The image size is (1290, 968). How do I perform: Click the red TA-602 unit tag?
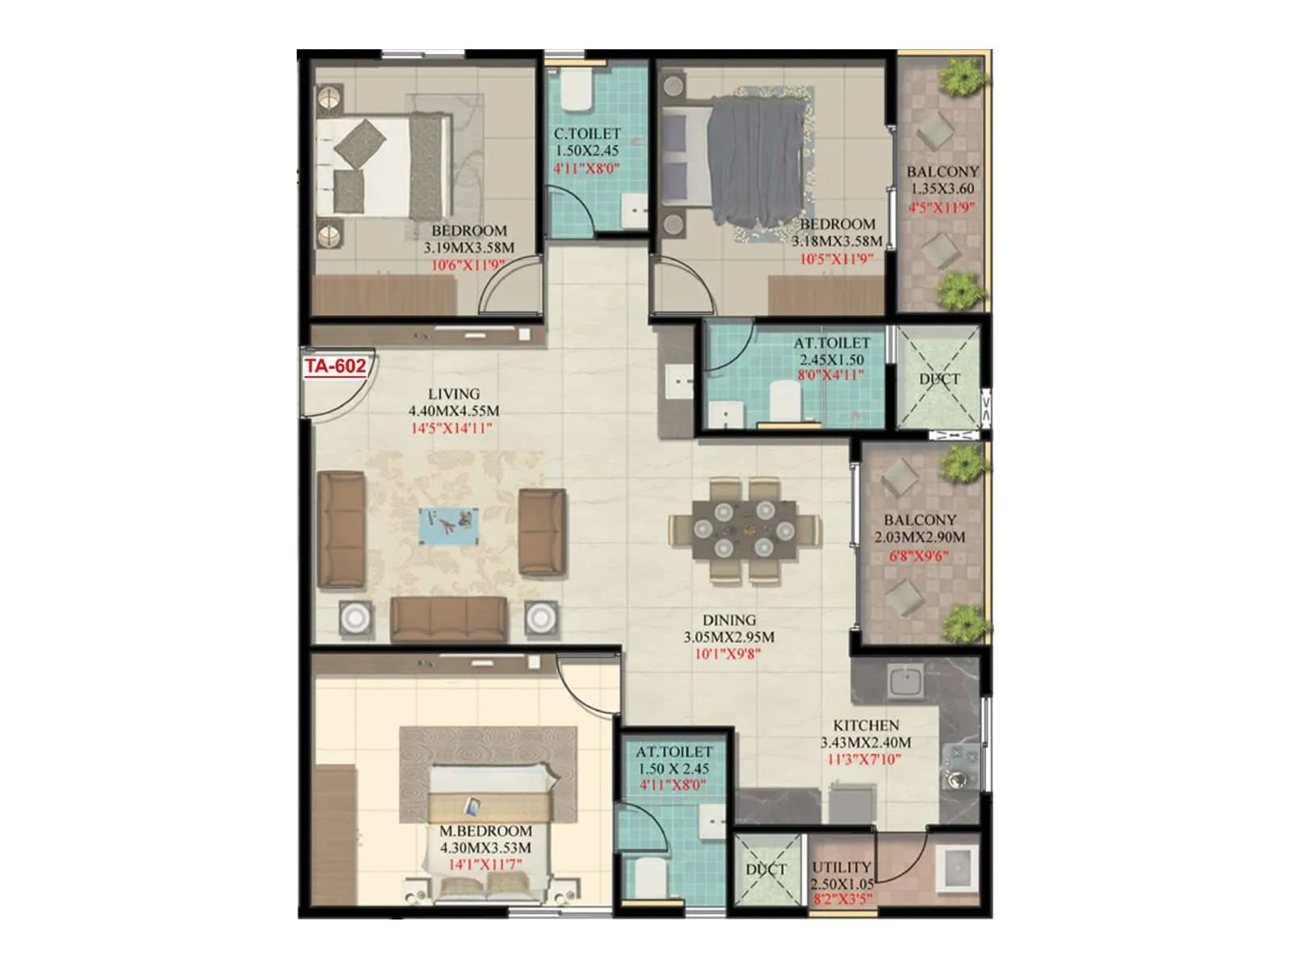pos(335,366)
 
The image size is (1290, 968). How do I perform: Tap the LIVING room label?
pos(453,394)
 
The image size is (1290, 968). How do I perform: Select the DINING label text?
pos(729,620)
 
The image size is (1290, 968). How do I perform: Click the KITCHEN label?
pos(866,725)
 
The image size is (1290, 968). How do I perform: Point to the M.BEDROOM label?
pos(485,831)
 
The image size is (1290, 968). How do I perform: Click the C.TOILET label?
pos(587,134)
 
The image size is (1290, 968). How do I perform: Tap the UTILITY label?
pos(841,867)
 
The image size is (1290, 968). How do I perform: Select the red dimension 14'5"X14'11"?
pos(451,428)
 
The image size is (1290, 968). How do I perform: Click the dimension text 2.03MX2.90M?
pos(919,537)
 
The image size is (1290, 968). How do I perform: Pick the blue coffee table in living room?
pos(448,526)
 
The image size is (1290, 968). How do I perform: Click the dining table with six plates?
pos(744,530)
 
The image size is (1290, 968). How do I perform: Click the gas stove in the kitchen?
pos(961,766)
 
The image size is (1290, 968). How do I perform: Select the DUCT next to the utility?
pos(766,870)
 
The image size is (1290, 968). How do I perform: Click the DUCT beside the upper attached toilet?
pos(939,379)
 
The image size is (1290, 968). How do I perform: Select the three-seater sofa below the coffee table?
pos(449,619)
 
